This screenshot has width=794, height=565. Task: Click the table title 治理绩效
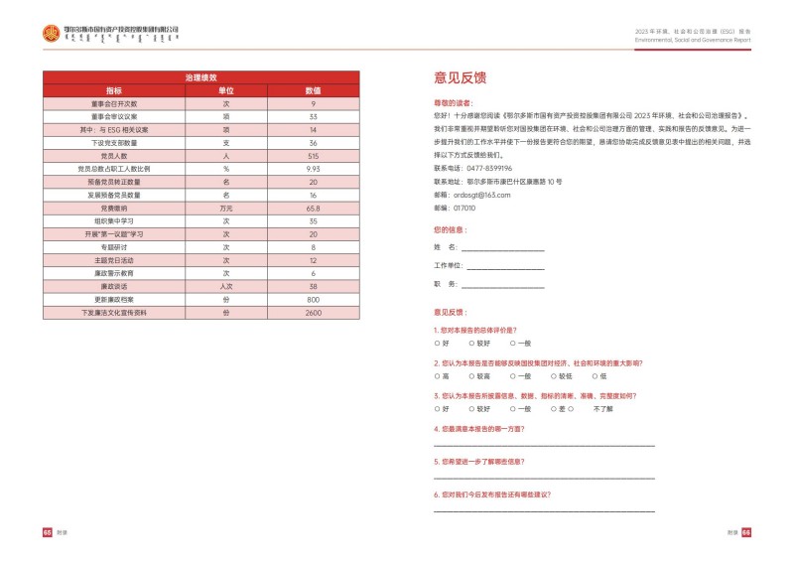point(200,76)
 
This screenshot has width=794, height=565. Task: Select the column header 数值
point(313,89)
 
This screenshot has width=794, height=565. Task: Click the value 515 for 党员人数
point(313,156)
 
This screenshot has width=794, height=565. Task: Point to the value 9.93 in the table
point(313,169)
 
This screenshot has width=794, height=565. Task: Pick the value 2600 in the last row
point(313,312)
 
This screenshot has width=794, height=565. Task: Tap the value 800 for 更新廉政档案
point(313,299)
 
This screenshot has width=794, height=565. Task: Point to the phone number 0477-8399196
point(491,168)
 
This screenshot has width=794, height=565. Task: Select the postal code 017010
point(464,208)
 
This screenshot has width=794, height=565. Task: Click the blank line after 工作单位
point(505,268)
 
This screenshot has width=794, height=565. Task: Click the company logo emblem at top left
point(51,34)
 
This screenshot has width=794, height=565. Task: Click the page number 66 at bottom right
point(746,532)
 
